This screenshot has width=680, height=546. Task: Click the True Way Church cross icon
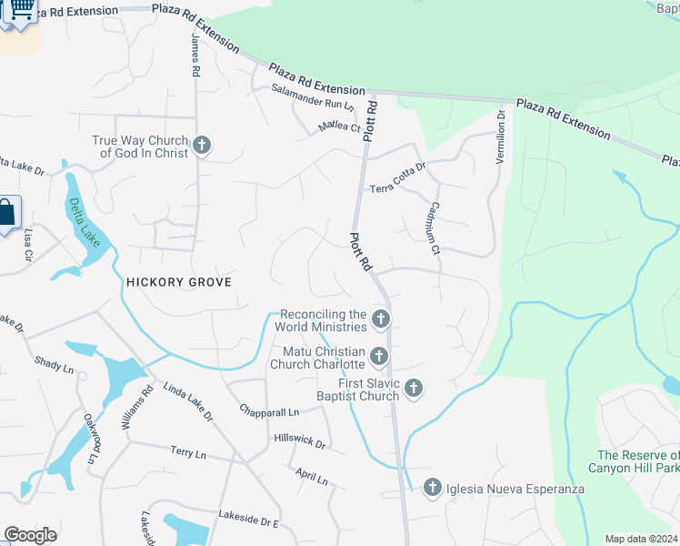tap(202, 146)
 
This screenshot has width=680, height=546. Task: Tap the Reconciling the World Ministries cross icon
tap(381, 319)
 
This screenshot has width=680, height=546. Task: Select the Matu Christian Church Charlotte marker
tap(379, 357)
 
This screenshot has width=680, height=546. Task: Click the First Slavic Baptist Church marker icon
tap(414, 389)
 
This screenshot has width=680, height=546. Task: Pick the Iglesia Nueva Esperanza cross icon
tap(433, 489)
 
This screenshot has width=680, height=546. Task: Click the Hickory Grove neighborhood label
tap(179, 282)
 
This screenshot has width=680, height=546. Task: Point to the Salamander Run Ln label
tap(313, 99)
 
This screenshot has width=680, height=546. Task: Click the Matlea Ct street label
tap(338, 127)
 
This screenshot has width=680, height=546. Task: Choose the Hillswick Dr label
tap(299, 441)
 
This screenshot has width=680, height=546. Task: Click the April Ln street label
tap(311, 476)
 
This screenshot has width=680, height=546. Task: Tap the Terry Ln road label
tap(188, 451)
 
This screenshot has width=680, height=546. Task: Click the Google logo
tap(30, 535)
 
